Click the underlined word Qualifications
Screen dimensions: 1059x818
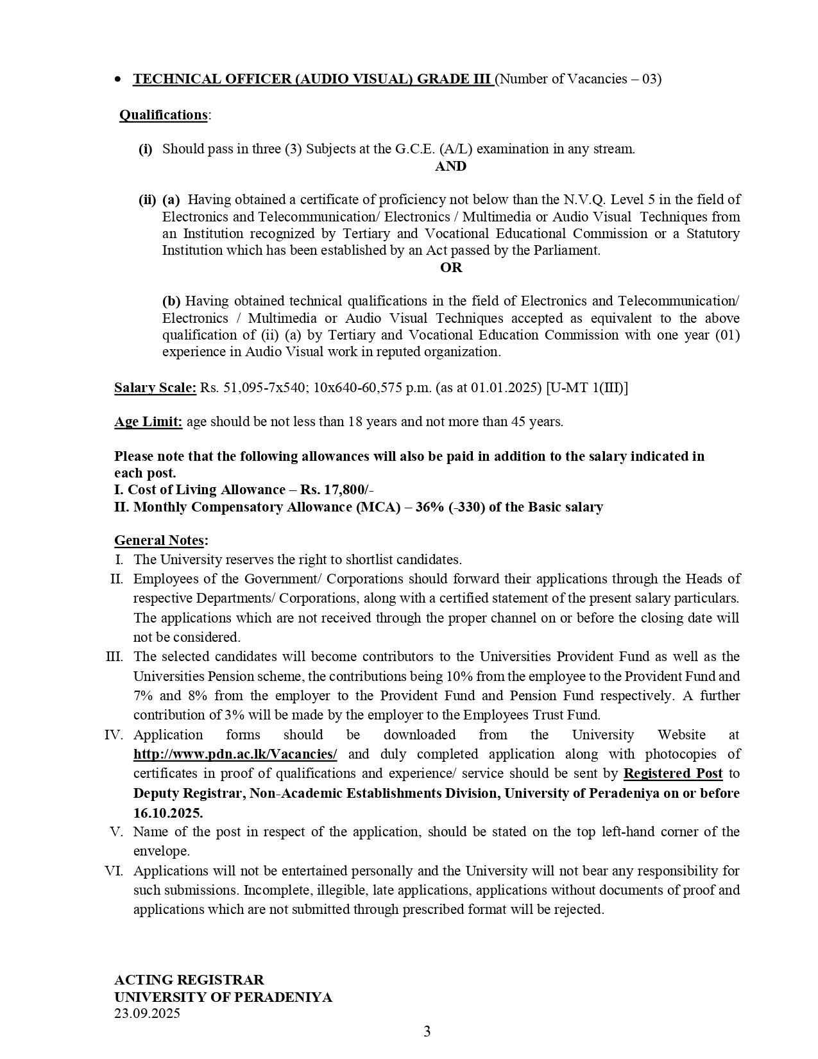[x=163, y=115]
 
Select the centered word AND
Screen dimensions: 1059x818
[x=450, y=166]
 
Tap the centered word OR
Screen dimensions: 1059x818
[x=450, y=268]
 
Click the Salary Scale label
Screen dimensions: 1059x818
[x=155, y=388]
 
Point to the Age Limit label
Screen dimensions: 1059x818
[x=148, y=422]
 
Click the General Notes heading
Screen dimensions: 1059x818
[x=160, y=540]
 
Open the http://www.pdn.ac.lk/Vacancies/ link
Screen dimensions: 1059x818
[x=235, y=754]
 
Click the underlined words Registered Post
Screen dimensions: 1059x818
[x=673, y=773]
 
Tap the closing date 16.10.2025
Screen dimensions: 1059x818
[x=168, y=813]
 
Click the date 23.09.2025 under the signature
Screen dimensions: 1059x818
[x=147, y=1013]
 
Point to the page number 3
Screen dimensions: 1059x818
[x=427, y=1031]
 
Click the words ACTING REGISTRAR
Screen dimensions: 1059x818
[x=189, y=980]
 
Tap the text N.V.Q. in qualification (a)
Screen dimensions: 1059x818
[x=584, y=200]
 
